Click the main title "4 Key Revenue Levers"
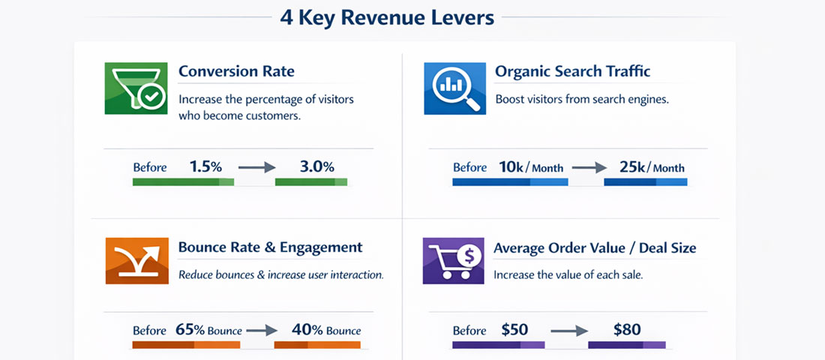click(x=387, y=17)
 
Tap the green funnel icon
click(x=136, y=88)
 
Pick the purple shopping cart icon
click(x=454, y=261)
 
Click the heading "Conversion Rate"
click(x=236, y=72)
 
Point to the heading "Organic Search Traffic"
click(x=572, y=72)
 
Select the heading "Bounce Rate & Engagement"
click(x=270, y=247)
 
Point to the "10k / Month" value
click(x=530, y=167)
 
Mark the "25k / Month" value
click(x=652, y=167)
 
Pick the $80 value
click(x=626, y=329)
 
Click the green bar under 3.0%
click(x=311, y=182)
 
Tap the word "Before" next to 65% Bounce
click(x=149, y=330)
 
